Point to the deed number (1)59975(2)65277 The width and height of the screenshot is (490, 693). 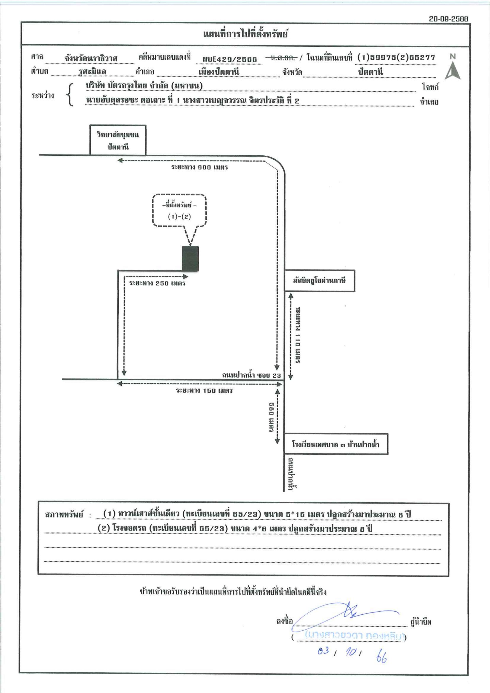396,57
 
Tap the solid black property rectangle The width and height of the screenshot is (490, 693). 190,259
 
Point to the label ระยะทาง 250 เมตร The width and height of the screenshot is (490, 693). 157,283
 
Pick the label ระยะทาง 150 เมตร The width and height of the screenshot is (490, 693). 204,391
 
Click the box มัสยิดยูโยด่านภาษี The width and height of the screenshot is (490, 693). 319,281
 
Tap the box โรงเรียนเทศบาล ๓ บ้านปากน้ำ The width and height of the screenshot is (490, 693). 336,444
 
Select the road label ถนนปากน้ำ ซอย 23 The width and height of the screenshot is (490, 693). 251,375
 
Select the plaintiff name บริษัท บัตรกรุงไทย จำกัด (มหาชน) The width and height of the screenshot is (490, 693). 144,86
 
